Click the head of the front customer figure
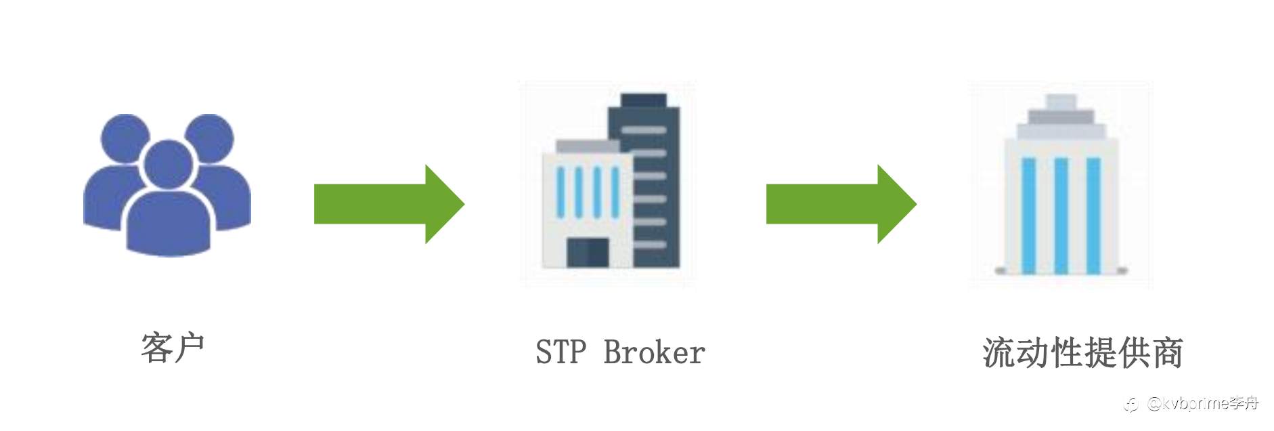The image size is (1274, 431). (167, 165)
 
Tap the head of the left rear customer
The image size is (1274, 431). (125, 138)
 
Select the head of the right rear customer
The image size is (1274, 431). (210, 138)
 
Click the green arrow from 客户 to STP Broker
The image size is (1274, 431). (389, 203)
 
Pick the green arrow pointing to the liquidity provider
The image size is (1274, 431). (841, 203)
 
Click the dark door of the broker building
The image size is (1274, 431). (588, 252)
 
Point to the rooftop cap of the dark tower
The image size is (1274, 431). (644, 100)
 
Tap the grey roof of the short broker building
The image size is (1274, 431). (588, 146)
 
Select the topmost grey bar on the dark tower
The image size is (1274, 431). (644, 129)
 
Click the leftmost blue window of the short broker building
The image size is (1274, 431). (561, 192)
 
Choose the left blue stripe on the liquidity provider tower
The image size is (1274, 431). (1028, 215)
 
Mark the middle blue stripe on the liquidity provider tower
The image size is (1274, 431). (1061, 215)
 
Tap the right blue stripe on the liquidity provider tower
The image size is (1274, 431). (1093, 215)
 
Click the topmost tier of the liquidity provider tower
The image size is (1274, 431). (1061, 102)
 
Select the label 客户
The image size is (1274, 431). (173, 348)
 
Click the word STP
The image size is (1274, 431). (561, 352)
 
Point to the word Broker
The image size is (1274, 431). (654, 352)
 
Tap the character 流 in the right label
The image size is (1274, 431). (998, 352)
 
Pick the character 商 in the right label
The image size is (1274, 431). (1166, 352)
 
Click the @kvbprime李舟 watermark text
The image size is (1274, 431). (1202, 404)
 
